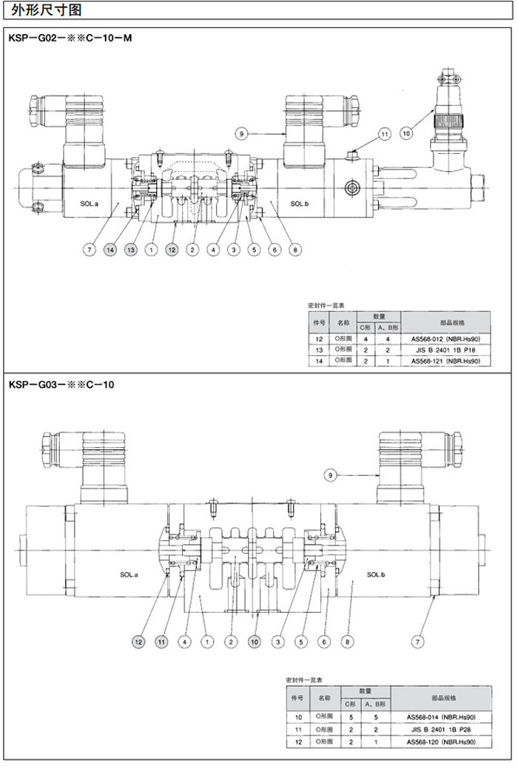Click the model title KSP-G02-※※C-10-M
pos(70,37)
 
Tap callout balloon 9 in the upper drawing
pos(240,133)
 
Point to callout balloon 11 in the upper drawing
pos(384,134)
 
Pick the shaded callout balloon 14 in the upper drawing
pos(110,250)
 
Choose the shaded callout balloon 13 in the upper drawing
pos(131,250)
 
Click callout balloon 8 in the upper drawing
pos(295,250)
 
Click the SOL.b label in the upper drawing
pos(299,204)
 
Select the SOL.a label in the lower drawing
pos(129,574)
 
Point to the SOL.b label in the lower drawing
pos(377,574)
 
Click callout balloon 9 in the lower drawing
pos(330,474)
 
